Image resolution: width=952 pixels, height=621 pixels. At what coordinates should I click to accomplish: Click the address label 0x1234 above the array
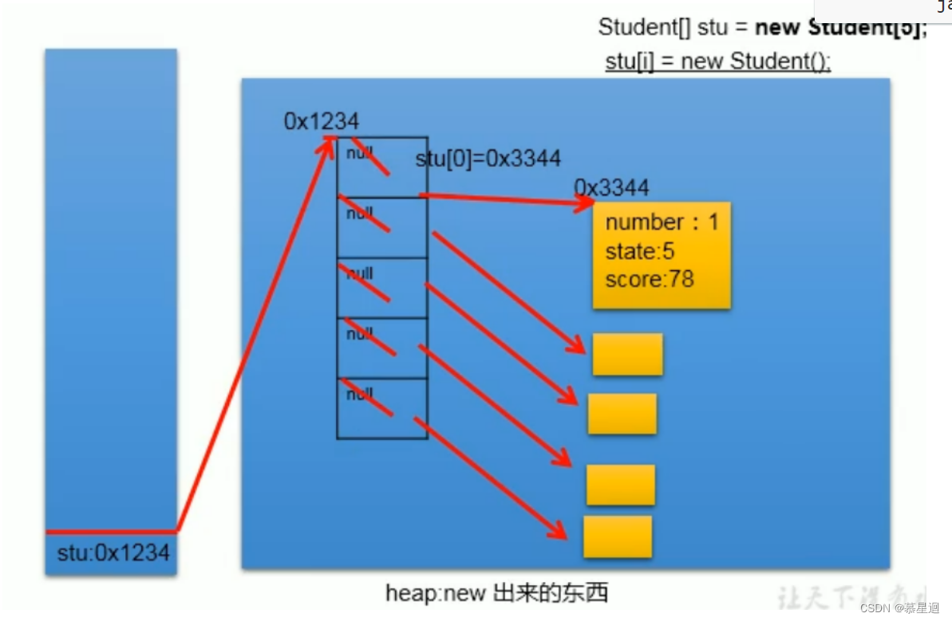(322, 121)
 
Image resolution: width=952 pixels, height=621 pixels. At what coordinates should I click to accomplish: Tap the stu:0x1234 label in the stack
(113, 552)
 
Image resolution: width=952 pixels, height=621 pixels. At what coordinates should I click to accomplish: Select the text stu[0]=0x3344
(488, 159)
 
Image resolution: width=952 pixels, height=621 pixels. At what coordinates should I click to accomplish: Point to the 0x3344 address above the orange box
(611, 188)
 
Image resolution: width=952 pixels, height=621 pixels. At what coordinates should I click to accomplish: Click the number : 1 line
(662, 222)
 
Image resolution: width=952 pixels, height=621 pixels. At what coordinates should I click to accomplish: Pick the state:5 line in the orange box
(640, 251)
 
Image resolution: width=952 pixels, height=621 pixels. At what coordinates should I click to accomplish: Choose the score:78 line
(650, 279)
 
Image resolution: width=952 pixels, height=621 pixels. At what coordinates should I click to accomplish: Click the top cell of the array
(381, 167)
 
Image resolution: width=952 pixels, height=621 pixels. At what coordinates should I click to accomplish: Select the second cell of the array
(381, 227)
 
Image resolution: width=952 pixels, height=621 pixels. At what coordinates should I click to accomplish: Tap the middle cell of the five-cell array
(381, 288)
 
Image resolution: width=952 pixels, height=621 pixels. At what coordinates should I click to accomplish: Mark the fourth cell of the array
(381, 348)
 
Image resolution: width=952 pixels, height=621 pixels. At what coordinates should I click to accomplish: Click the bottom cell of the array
(381, 408)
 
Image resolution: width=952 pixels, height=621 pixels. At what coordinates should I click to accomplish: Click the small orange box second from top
(622, 414)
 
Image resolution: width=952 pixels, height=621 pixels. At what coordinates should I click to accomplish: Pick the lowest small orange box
(618, 536)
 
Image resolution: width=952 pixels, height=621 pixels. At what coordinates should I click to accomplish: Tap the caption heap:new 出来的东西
(497, 593)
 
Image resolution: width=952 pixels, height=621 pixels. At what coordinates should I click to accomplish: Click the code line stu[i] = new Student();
(718, 61)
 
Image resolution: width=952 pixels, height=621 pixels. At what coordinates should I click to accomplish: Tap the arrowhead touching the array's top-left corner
(330, 142)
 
